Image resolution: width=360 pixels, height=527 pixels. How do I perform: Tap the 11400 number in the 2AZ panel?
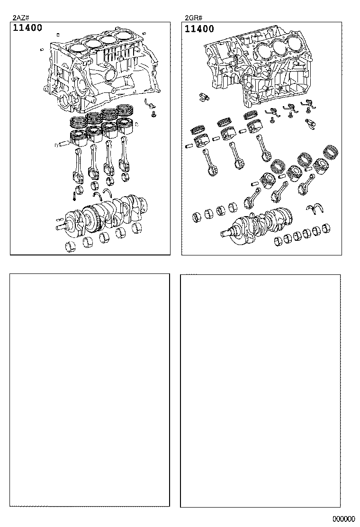tap(27, 28)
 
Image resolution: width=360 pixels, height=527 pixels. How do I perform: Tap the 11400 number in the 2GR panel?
tap(199, 29)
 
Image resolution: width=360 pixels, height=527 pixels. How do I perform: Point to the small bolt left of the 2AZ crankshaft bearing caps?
tap(75, 195)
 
